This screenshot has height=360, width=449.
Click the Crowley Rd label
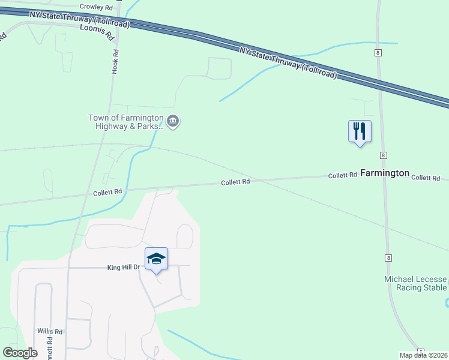(96, 8)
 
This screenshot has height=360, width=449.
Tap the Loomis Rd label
(97, 32)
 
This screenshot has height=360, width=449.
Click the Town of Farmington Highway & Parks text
(125, 122)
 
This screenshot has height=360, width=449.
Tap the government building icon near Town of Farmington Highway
(173, 122)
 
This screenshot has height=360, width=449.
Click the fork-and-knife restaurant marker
(360, 130)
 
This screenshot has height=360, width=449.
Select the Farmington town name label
(385, 173)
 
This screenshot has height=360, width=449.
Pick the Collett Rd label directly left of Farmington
(343, 175)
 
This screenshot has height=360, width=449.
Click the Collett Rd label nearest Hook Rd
(107, 192)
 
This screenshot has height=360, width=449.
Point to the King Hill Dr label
(122, 267)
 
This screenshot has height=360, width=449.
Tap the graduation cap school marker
(156, 259)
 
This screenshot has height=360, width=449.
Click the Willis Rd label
(50, 331)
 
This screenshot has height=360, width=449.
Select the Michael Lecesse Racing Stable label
(416, 283)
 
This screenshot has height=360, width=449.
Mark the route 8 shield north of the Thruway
(377, 53)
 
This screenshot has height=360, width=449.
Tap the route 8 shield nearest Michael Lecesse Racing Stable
(389, 257)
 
